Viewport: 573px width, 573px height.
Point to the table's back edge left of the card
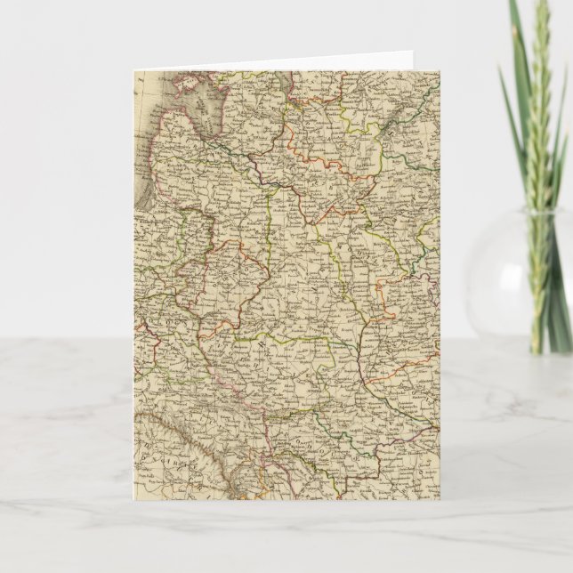coord(62,337)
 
